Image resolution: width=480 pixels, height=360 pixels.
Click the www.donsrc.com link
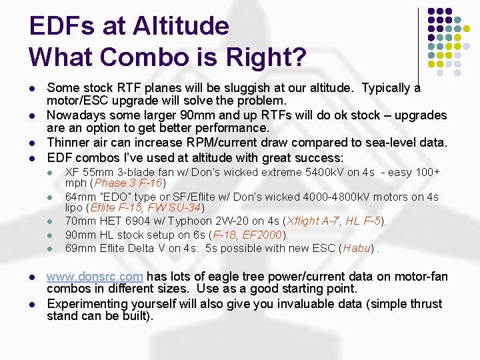pyautogui.click(x=95, y=277)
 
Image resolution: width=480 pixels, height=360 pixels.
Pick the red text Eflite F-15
pyautogui.click(x=115, y=207)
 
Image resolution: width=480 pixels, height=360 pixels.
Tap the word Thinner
pyautogui.click(x=69, y=143)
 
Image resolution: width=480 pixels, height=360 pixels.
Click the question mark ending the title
pyautogui.click(x=299, y=57)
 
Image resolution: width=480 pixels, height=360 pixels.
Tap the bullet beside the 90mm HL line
pyautogui.click(x=50, y=235)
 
